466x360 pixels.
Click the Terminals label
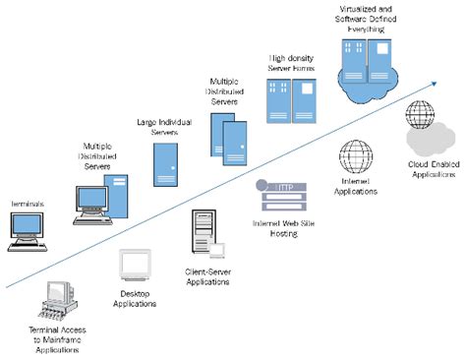pyautogui.click(x=27, y=202)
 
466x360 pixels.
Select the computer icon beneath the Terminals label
pyautogui.click(x=27, y=228)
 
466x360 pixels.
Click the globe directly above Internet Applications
pyautogui.click(x=354, y=156)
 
